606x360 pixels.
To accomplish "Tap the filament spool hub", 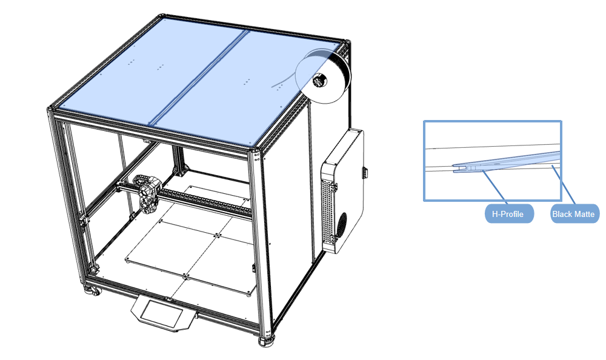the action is (320, 81).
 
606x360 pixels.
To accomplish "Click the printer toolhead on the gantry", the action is (147, 194).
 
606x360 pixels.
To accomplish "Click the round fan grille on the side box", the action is (342, 226).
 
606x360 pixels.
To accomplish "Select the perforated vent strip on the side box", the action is (328, 209).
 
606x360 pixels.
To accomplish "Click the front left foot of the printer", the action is (92, 290).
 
